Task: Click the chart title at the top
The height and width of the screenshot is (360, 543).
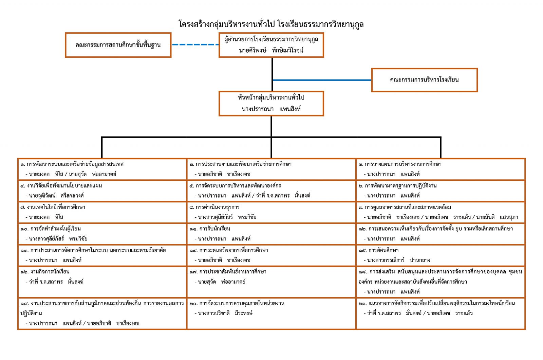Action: tap(271, 24)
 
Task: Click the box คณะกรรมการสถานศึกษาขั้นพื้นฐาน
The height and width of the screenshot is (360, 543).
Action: tap(118, 45)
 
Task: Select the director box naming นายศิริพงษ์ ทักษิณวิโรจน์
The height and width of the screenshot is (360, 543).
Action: tap(271, 45)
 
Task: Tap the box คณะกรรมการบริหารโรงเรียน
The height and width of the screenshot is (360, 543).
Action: tap(424, 80)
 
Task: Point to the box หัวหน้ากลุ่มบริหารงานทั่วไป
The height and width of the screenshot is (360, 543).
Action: tap(271, 103)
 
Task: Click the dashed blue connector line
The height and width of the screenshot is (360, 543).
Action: tap(195, 44)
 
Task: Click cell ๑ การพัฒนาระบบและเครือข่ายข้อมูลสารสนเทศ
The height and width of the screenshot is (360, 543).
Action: tap(102, 169)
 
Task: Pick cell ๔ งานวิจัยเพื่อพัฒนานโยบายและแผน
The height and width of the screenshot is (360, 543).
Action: tap(102, 191)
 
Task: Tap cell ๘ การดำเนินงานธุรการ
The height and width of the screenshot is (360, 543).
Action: tap(271, 212)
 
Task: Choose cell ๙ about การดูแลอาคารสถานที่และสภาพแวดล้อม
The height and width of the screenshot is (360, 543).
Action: tap(441, 212)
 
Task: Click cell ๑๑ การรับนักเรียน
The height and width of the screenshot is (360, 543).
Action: tap(271, 234)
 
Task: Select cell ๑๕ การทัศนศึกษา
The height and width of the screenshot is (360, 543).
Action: tap(441, 255)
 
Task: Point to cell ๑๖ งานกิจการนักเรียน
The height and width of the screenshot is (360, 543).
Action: tap(102, 282)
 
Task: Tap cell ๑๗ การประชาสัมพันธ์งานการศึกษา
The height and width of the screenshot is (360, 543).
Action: tap(271, 282)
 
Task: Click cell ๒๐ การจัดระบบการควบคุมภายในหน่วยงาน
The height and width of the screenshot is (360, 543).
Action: tap(271, 313)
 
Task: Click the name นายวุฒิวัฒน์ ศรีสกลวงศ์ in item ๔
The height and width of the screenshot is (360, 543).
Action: tap(56, 196)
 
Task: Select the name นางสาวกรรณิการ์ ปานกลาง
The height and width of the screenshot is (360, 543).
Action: tap(399, 260)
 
